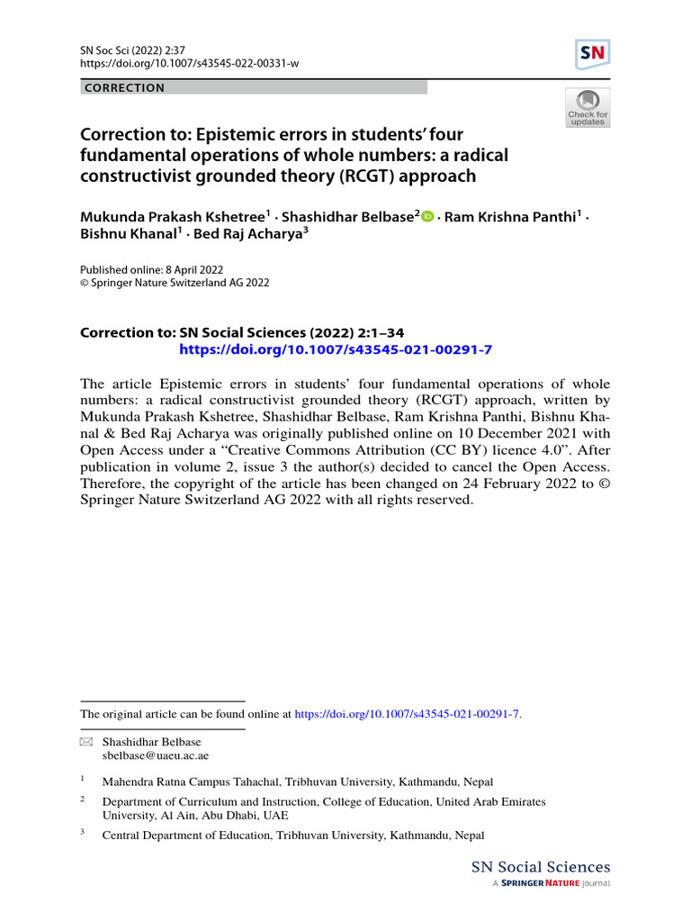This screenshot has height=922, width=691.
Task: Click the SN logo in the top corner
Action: coord(592,55)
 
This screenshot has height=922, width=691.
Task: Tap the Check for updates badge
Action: coord(588,107)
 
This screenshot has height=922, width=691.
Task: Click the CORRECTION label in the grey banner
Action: coord(123,88)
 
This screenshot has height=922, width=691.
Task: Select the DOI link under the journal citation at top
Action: coord(190,63)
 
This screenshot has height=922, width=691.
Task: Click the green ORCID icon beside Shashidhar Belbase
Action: coord(428,216)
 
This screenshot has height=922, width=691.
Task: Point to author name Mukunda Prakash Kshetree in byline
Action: coord(173,216)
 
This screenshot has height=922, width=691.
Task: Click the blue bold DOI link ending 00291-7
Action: coord(335,349)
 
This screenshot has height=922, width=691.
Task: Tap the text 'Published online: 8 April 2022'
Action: coord(152,269)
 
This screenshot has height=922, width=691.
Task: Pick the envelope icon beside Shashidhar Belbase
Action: coord(86,741)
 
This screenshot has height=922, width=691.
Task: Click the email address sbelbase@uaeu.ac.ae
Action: coord(155,755)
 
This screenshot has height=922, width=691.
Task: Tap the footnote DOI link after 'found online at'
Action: coord(408,714)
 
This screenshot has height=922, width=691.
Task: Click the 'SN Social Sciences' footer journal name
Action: coord(541,868)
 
